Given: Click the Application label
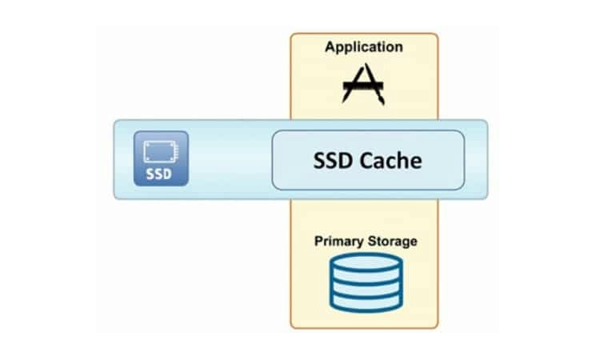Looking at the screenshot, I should pos(364,48).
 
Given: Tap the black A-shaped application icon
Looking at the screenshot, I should pos(363,83).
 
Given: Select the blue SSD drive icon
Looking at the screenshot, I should pos(162,158).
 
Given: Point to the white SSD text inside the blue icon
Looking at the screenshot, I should pos(162,174).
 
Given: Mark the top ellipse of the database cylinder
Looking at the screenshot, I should pos(364,262).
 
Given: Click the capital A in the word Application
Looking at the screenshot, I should pos(330,48).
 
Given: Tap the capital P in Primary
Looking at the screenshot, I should pos(318,241).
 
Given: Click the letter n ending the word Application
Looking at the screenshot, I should pos(399,48).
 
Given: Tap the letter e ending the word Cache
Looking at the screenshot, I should pos(416,162).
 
